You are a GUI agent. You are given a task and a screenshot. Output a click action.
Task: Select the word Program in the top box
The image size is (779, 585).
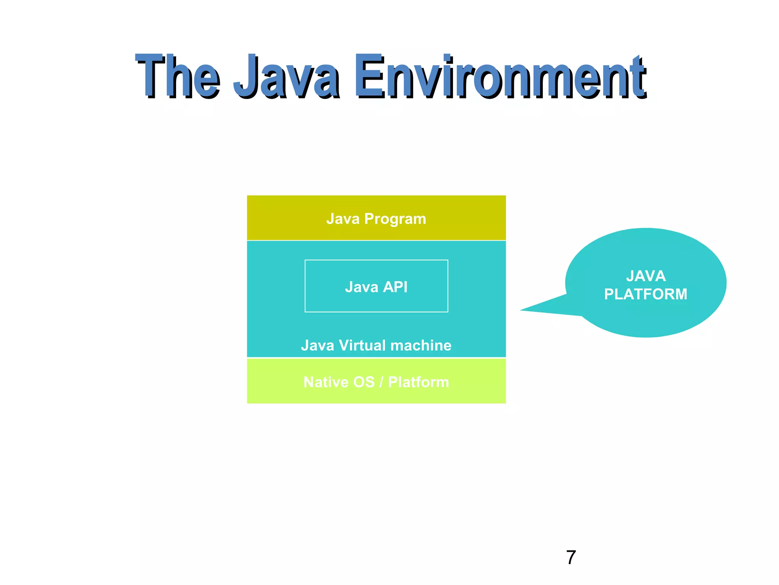395,219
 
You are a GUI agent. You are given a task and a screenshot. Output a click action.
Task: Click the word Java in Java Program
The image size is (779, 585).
343,219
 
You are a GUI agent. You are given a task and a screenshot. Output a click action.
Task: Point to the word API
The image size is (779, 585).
395,287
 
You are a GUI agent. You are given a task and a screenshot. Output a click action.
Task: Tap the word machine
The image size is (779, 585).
421,345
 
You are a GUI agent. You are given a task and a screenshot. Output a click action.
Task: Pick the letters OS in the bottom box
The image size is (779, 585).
364,382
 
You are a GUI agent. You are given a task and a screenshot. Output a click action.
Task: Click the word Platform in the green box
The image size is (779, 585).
418,382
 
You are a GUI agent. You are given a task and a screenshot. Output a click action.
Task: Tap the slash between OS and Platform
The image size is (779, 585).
382,382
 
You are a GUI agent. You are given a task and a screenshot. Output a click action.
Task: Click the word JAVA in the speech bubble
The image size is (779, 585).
646,276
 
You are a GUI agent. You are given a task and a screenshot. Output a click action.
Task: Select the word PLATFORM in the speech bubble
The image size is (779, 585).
646,294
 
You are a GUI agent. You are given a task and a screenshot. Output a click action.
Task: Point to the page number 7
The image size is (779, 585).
571,558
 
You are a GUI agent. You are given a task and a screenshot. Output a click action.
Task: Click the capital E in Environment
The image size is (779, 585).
369,76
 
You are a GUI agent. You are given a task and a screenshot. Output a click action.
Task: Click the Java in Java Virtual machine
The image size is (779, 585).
317,345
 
